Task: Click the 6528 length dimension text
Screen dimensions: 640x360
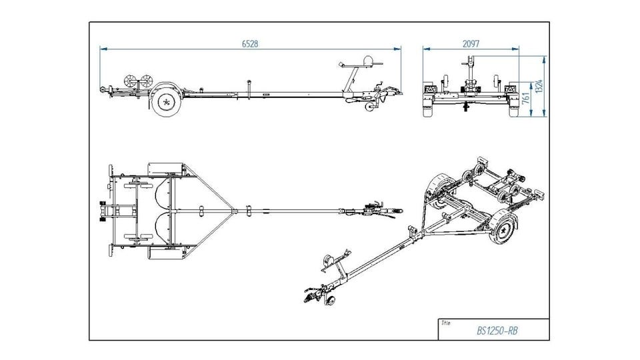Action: (250, 44)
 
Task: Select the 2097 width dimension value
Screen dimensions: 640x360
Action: (471, 44)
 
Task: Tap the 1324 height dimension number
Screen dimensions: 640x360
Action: (539, 86)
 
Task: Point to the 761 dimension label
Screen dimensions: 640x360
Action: (526, 99)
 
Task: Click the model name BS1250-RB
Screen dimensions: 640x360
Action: (497, 331)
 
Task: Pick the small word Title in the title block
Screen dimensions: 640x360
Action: (446, 323)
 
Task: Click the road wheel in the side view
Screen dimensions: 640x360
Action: (166, 101)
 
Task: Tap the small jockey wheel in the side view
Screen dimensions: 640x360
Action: (370, 107)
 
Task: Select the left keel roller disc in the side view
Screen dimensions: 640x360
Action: (130, 81)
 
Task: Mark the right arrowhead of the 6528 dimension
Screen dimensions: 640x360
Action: (397, 49)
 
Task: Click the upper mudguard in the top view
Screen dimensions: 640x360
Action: (165, 169)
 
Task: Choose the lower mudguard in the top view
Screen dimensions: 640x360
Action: (165, 252)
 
